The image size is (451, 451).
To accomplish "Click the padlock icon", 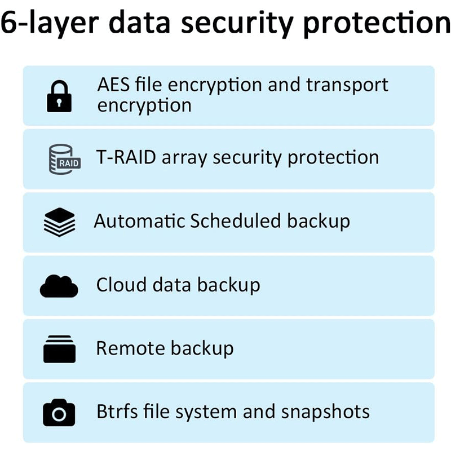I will click(x=59, y=96).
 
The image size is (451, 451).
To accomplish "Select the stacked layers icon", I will click(x=59, y=222).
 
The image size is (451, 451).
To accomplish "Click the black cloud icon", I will click(x=59, y=286).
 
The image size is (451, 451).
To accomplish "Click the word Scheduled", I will click(x=236, y=220).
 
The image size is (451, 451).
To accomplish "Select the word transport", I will click(x=347, y=85).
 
